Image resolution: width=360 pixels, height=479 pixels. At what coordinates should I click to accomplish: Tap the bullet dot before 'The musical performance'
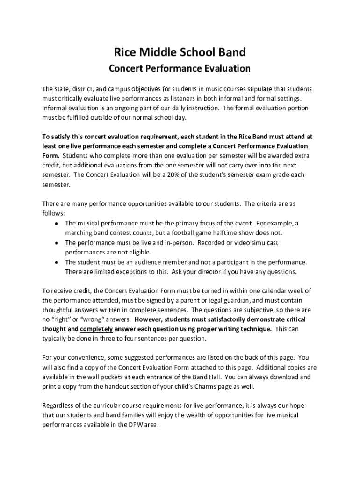point(57,224)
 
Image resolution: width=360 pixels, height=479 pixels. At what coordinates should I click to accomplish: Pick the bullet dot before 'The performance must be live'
point(57,243)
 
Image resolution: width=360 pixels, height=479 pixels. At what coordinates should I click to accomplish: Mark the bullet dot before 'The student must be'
point(57,262)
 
